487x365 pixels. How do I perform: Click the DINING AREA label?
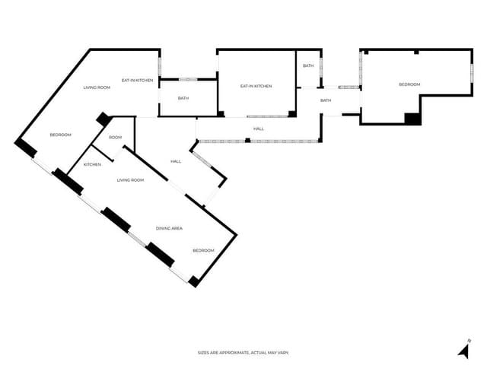(x=169, y=228)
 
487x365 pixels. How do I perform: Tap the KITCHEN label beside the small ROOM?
(x=93, y=165)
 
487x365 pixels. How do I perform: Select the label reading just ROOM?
(x=115, y=138)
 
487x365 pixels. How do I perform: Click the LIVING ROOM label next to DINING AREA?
(x=130, y=180)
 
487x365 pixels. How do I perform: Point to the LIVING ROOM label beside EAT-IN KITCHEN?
(x=97, y=88)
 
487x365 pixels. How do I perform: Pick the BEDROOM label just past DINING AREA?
(x=203, y=251)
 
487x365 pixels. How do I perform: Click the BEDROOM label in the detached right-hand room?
(x=409, y=84)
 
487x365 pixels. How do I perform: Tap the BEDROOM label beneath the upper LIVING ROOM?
(x=60, y=135)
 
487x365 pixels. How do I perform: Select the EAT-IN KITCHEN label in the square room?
(x=256, y=86)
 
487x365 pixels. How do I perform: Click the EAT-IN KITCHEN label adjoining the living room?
(x=138, y=80)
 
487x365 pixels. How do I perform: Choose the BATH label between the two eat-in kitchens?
(x=183, y=98)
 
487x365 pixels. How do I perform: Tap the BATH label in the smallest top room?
(x=308, y=66)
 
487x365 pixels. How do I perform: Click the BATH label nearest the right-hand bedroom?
(x=326, y=100)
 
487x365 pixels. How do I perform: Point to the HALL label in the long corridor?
(x=259, y=129)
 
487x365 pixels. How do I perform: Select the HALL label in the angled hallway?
(x=176, y=161)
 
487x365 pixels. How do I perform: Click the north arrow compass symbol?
(x=463, y=350)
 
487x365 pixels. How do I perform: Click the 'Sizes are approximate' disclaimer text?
(x=243, y=353)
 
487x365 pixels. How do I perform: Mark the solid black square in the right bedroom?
(x=412, y=118)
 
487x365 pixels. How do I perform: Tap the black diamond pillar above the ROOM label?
(x=103, y=120)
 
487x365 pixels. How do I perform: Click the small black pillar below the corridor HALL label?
(x=247, y=140)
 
